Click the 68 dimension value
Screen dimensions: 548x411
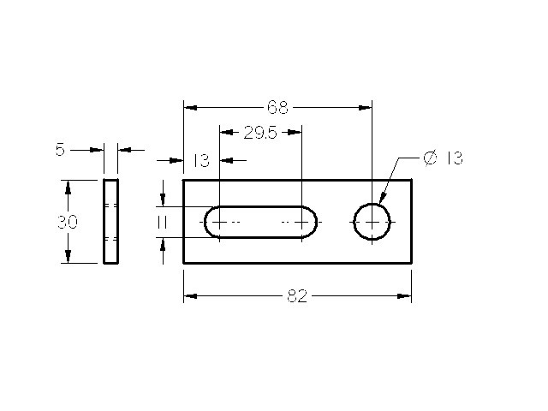click(x=277, y=107)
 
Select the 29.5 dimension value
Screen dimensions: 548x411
click(x=260, y=133)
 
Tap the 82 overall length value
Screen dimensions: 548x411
click(x=297, y=296)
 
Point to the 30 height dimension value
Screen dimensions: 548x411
click(x=68, y=222)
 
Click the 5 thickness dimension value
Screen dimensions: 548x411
click(x=61, y=150)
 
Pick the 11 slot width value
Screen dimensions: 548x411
click(x=162, y=223)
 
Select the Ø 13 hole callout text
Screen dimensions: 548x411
click(x=444, y=158)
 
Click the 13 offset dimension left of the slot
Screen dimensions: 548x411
click(x=201, y=161)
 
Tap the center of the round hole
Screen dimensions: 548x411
click(x=372, y=222)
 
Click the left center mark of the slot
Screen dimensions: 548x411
click(x=219, y=222)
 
